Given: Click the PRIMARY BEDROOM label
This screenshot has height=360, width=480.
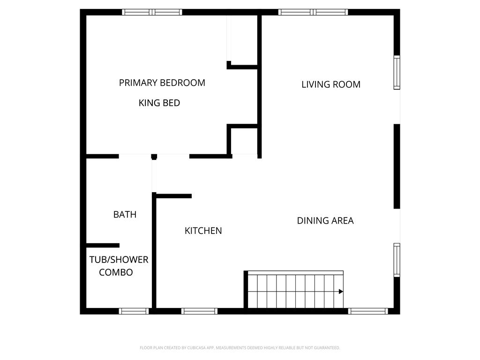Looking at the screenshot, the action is click(x=162, y=82).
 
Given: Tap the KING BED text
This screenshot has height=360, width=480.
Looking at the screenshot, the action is click(x=159, y=103).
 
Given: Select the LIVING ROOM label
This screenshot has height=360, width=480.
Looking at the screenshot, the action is click(x=331, y=84).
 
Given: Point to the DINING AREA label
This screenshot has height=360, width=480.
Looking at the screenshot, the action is click(x=325, y=221).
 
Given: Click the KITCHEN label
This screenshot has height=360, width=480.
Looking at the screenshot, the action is click(x=203, y=231).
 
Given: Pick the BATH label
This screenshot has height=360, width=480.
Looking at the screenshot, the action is click(x=125, y=215).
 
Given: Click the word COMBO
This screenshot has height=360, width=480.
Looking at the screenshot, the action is click(x=116, y=272).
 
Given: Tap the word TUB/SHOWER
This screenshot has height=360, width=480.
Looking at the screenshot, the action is click(x=119, y=260).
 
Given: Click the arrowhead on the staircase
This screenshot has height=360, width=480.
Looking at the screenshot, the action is click(x=341, y=292).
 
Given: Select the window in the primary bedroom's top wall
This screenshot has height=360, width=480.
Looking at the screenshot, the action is click(x=152, y=12).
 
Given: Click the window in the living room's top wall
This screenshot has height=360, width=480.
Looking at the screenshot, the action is click(x=313, y=12).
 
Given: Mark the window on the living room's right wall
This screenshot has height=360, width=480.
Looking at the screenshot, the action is click(x=397, y=73).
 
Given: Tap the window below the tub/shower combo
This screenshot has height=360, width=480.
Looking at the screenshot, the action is click(x=134, y=311).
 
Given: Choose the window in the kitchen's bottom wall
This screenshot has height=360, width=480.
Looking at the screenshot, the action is click(x=199, y=311).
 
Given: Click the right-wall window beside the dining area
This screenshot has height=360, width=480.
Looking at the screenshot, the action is click(x=397, y=260).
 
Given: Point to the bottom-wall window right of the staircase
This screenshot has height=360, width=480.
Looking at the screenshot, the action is click(x=368, y=311).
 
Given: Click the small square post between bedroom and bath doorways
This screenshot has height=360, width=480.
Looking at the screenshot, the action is click(x=154, y=157).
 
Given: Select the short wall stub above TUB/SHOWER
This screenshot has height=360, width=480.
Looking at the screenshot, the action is click(x=103, y=245).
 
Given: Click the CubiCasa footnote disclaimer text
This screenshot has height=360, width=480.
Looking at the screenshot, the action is click(x=240, y=348).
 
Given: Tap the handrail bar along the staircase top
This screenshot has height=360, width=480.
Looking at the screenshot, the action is click(x=295, y=272).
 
